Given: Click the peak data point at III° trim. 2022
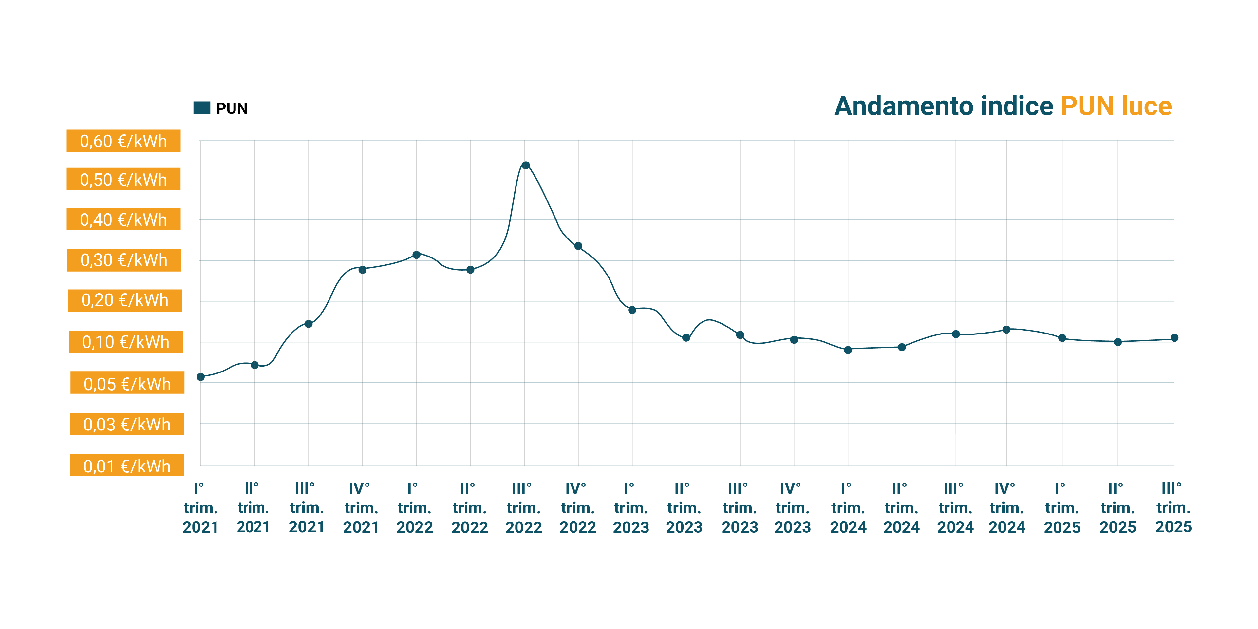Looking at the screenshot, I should (525, 165).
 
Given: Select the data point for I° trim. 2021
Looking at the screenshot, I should (201, 376).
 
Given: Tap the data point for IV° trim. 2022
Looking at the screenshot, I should (578, 246).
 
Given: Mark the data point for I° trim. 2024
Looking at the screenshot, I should (848, 350).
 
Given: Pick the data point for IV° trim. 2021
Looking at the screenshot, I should (362, 270).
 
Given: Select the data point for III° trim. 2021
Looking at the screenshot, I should (308, 324).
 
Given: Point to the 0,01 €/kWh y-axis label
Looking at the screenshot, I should (127, 466).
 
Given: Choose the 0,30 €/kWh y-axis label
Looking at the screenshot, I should (124, 260).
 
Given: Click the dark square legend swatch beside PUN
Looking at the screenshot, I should (202, 107).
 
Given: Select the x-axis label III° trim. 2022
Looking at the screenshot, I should (523, 508).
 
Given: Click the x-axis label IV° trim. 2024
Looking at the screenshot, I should (1006, 508).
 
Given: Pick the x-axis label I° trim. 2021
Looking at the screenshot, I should (200, 508).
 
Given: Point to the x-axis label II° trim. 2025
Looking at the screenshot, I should (1117, 508).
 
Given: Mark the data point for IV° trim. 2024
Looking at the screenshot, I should (1006, 330).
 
